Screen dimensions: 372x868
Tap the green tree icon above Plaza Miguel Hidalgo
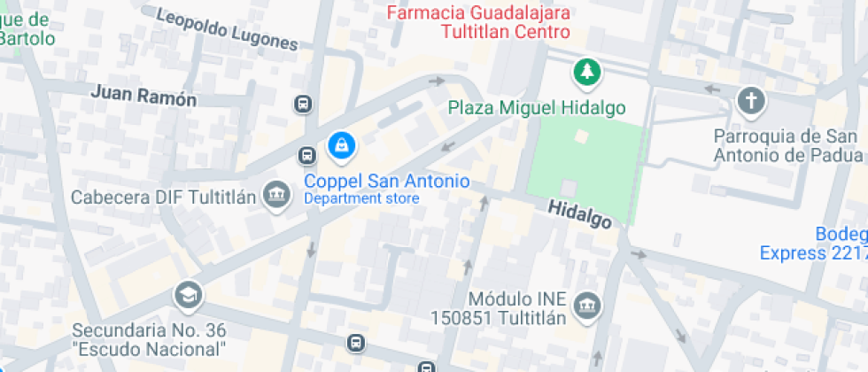coord(585,73)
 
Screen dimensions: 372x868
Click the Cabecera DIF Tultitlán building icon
coord(278,196)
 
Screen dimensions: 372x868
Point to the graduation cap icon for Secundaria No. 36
coord(188,296)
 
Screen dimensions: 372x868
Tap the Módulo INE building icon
coord(586,306)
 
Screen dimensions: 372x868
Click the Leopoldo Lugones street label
coord(227,28)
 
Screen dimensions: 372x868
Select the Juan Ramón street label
coord(143,96)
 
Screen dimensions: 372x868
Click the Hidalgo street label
coord(579,213)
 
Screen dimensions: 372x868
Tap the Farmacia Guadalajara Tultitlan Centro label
coord(479,22)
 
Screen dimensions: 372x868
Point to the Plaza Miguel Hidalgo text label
coord(537,108)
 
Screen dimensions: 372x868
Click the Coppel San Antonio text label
coord(386,181)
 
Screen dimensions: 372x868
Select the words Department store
coord(361,198)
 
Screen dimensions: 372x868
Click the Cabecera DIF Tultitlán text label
coord(164,197)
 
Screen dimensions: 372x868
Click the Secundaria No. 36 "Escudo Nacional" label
coord(149,339)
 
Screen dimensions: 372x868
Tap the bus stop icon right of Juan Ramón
coord(304,105)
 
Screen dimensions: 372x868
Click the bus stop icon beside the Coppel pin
coord(307,156)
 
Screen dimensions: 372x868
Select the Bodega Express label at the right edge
coord(815,244)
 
